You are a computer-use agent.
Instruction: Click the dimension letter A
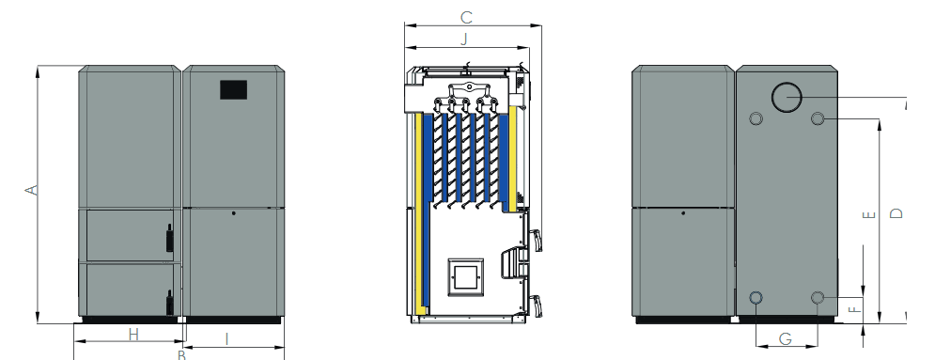point(32,190)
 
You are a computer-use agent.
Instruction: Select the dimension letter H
point(133,335)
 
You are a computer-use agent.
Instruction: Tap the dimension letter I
point(226,339)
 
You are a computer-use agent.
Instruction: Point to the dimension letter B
point(182,355)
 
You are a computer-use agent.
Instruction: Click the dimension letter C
point(467,18)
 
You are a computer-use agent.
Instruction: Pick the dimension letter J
point(464,39)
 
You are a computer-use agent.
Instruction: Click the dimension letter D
point(896,212)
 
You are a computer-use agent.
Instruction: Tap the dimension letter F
point(856,309)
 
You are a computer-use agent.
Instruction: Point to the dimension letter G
point(786,338)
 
